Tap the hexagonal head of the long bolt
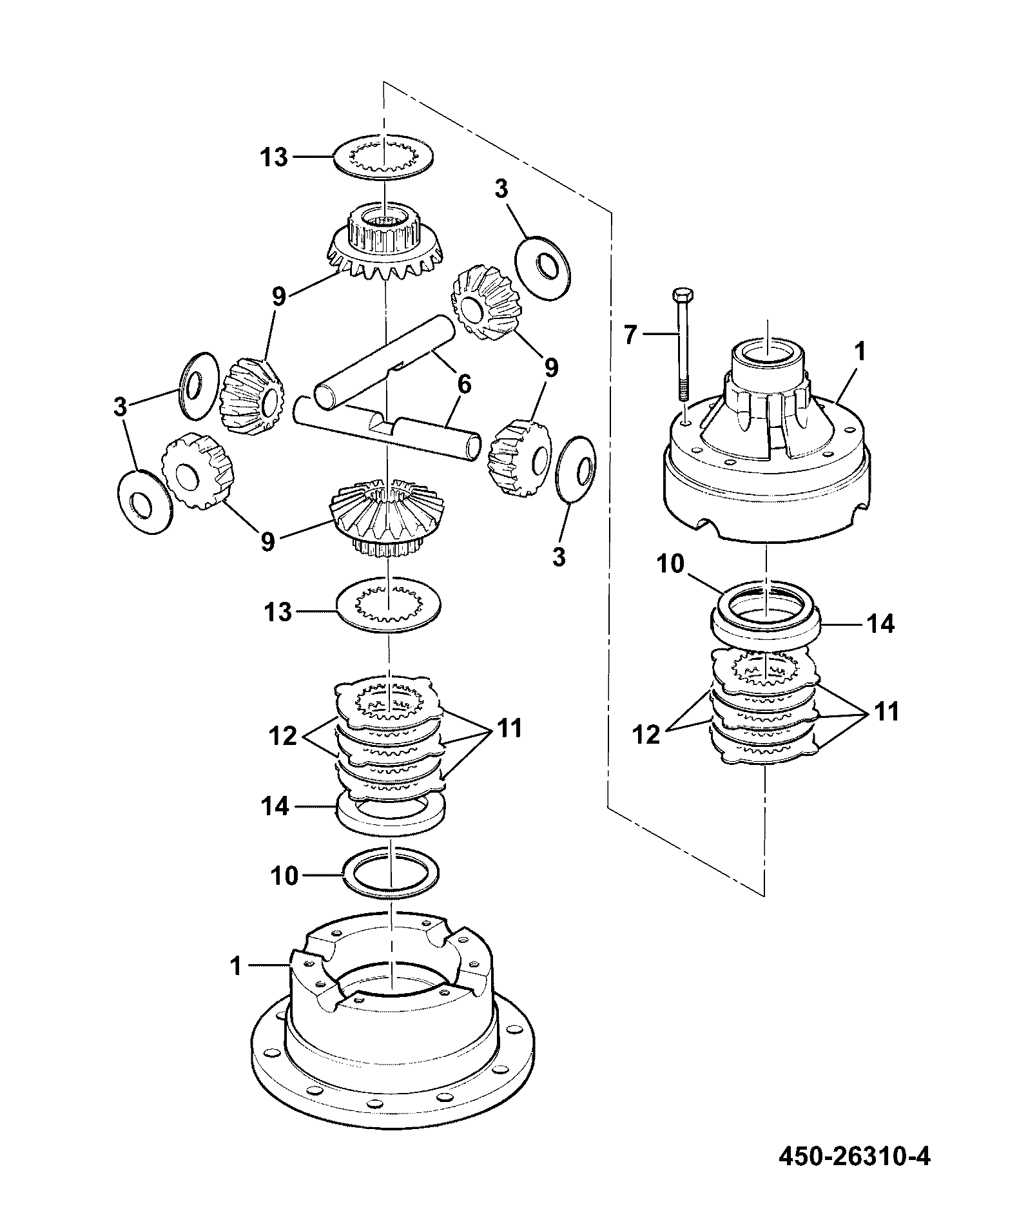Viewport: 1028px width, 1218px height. (681, 295)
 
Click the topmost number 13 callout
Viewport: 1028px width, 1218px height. (275, 157)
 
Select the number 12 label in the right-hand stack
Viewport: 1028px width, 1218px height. (646, 734)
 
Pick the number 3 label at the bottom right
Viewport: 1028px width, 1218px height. (559, 557)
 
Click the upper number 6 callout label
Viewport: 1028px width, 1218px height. (463, 385)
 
